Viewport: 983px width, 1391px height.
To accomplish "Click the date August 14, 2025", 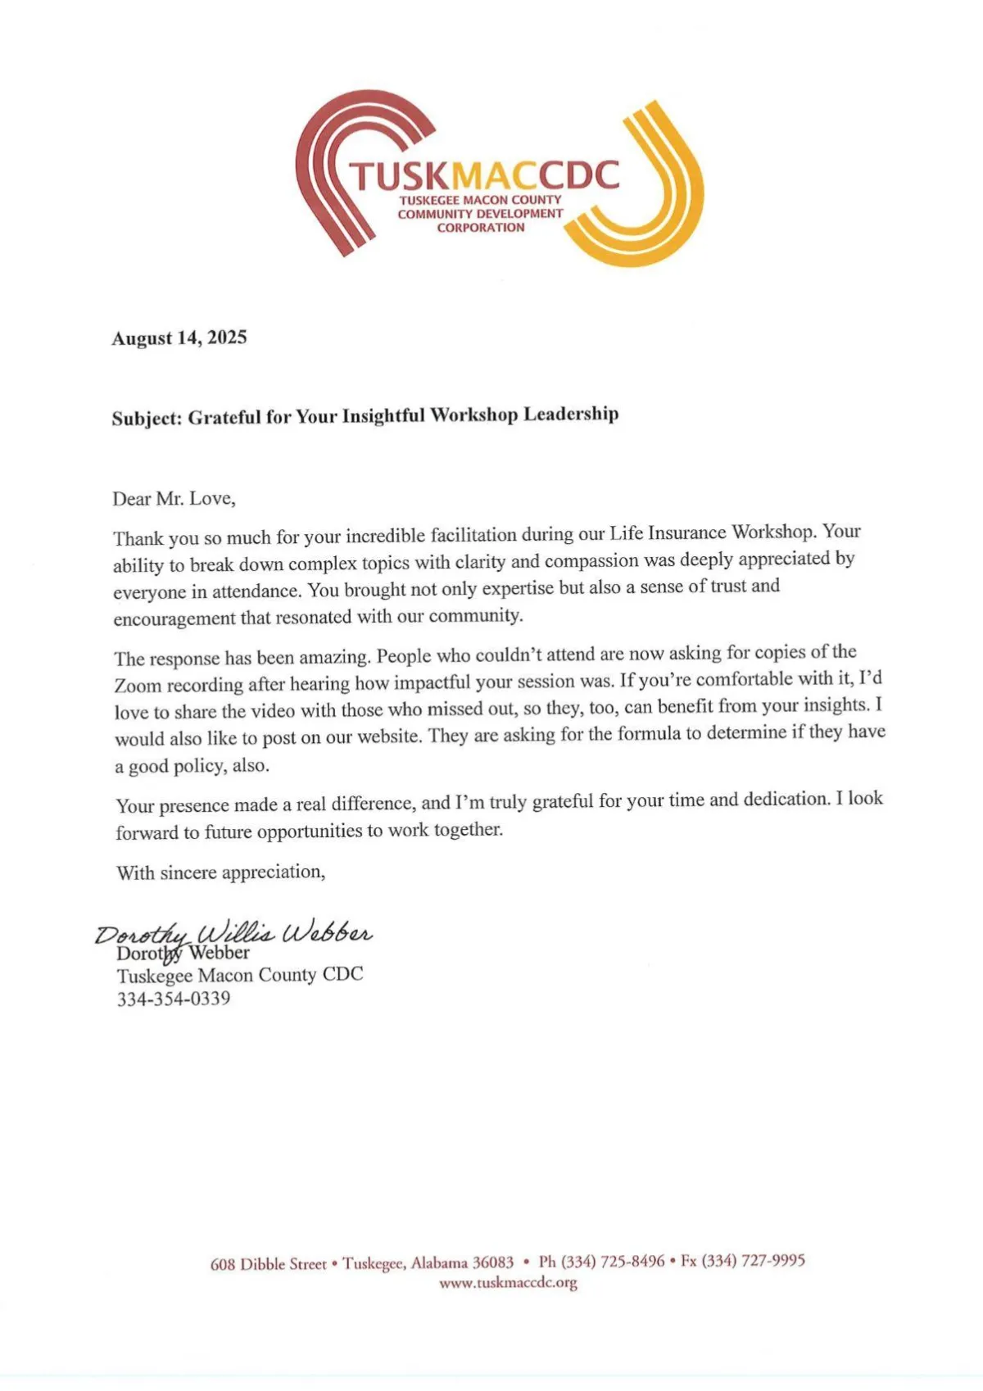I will click(179, 338).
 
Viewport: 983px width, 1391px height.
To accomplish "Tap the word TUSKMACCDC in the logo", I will click(484, 175).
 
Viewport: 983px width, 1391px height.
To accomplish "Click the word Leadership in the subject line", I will click(571, 414).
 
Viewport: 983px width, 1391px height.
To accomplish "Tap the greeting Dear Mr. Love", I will click(174, 498).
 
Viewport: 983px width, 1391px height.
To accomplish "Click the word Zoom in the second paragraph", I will click(138, 686).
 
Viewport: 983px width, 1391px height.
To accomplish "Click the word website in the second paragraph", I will click(383, 736).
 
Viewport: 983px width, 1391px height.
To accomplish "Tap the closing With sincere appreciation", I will click(220, 872).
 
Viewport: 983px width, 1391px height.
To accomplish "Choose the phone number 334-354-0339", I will click(174, 999).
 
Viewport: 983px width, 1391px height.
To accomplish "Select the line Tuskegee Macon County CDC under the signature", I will click(239, 975).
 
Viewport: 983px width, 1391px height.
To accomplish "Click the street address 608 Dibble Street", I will click(268, 1264).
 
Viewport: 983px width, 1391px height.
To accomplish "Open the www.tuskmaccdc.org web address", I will click(508, 1283).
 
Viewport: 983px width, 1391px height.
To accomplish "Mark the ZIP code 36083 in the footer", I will click(493, 1262).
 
